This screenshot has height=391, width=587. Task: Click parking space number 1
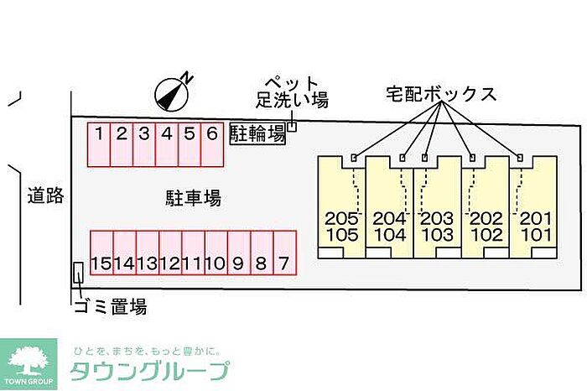[x=99, y=144]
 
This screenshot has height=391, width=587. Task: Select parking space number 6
[x=212, y=144]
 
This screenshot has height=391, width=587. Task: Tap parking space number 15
[x=101, y=253]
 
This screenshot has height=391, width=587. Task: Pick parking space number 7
[x=285, y=253]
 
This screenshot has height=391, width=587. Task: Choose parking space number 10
[x=216, y=253]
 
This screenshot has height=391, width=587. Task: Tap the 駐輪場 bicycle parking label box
[x=257, y=133]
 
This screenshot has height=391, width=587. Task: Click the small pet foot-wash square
[x=292, y=127]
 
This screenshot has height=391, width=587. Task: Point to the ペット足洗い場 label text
[x=292, y=92]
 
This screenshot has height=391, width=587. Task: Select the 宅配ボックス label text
[x=441, y=94]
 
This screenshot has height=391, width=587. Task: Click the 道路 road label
[x=45, y=195]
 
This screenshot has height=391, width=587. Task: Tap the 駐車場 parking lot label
[x=193, y=198]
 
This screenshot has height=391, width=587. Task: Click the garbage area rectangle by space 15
[x=78, y=273]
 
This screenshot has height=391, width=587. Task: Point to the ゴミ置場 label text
[x=111, y=306]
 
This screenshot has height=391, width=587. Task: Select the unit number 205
[x=342, y=218]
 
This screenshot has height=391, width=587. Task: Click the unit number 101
[x=537, y=235]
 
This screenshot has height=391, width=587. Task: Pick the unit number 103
[x=437, y=235]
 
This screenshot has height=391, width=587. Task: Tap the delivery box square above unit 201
[x=520, y=158]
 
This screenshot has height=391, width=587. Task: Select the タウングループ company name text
[x=150, y=371]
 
